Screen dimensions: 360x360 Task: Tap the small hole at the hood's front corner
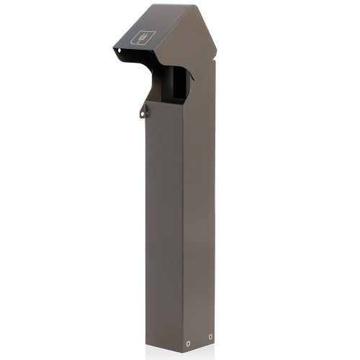coord(117,50)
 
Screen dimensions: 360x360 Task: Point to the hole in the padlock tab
coord(143,112)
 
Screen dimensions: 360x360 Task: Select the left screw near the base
coord(188,342)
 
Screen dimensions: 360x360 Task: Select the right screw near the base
coord(210,336)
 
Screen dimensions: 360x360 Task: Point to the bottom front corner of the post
coord(182,350)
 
